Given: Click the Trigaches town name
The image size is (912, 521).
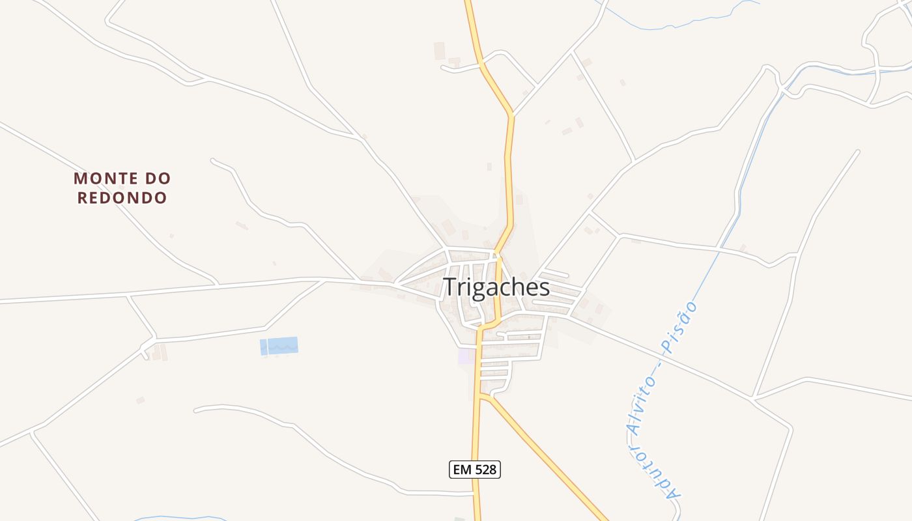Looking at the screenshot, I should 496,287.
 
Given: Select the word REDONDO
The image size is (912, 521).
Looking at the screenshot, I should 122,197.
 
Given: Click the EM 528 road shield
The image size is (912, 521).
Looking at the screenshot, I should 475,469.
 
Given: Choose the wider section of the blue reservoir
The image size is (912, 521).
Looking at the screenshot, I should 283,346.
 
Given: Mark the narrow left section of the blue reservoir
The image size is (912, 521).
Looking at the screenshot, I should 263,347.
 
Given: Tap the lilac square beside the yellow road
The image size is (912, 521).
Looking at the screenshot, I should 466,356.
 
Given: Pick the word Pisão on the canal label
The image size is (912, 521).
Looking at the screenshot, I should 683,324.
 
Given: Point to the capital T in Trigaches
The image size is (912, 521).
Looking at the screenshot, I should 450,287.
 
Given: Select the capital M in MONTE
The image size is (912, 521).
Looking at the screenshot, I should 81,178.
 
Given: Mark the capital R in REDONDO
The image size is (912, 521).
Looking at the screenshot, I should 83,197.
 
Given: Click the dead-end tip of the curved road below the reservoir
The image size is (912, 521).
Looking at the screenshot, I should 196,410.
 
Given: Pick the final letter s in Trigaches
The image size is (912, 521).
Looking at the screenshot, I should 544,288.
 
